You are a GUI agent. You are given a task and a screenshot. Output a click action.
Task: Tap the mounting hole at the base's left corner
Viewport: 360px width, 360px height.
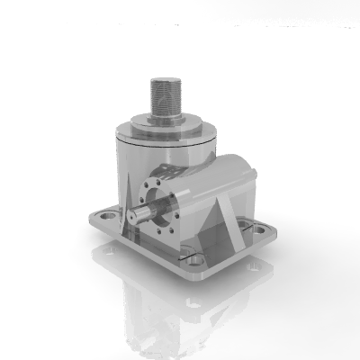click(106, 216)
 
